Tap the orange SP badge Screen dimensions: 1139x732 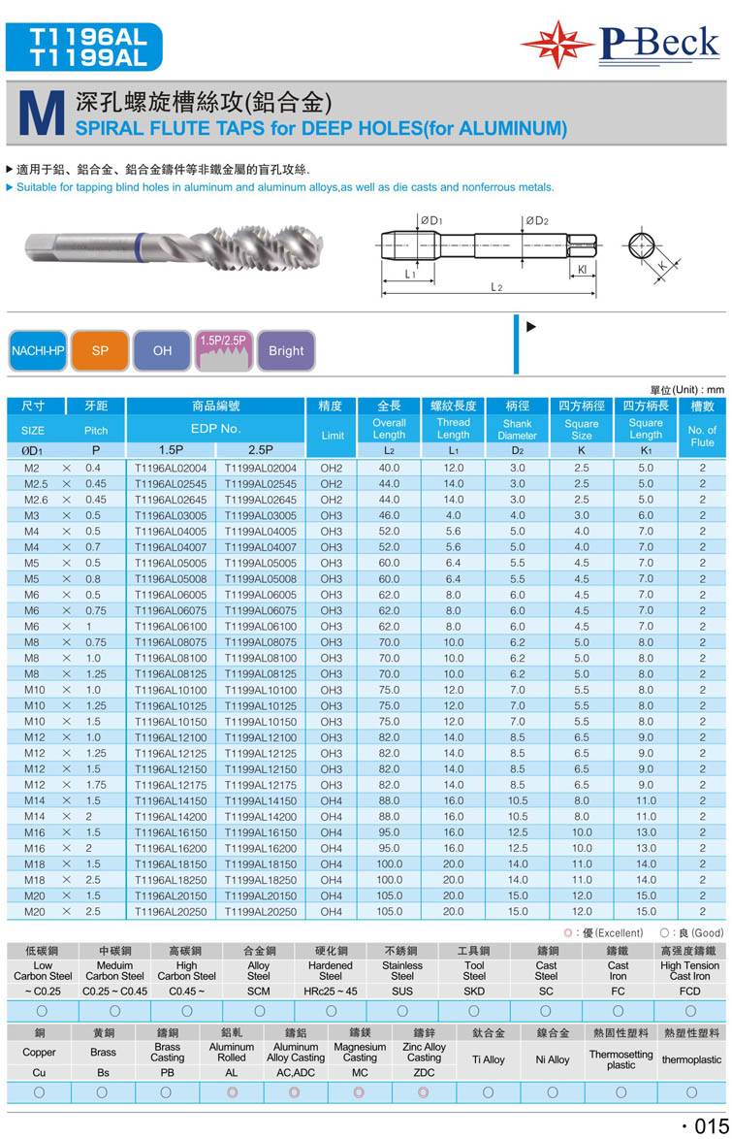coord(100,351)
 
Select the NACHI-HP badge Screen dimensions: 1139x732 coord(37,351)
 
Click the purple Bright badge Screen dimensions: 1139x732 coord(286,351)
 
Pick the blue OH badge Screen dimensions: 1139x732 coord(162,351)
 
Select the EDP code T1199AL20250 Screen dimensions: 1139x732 coord(261,912)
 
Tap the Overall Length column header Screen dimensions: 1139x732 coord(389,429)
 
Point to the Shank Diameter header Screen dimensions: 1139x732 coord(517,429)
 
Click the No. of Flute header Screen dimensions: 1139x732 coord(701,436)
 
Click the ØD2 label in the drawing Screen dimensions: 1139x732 coord(538,221)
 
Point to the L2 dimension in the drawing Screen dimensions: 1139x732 coord(495,287)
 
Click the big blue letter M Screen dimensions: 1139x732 coord(41,114)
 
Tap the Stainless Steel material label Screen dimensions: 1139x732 coord(401,970)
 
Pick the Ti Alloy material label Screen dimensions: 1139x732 coord(487,1059)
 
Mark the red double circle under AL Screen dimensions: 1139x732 coord(231,1092)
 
